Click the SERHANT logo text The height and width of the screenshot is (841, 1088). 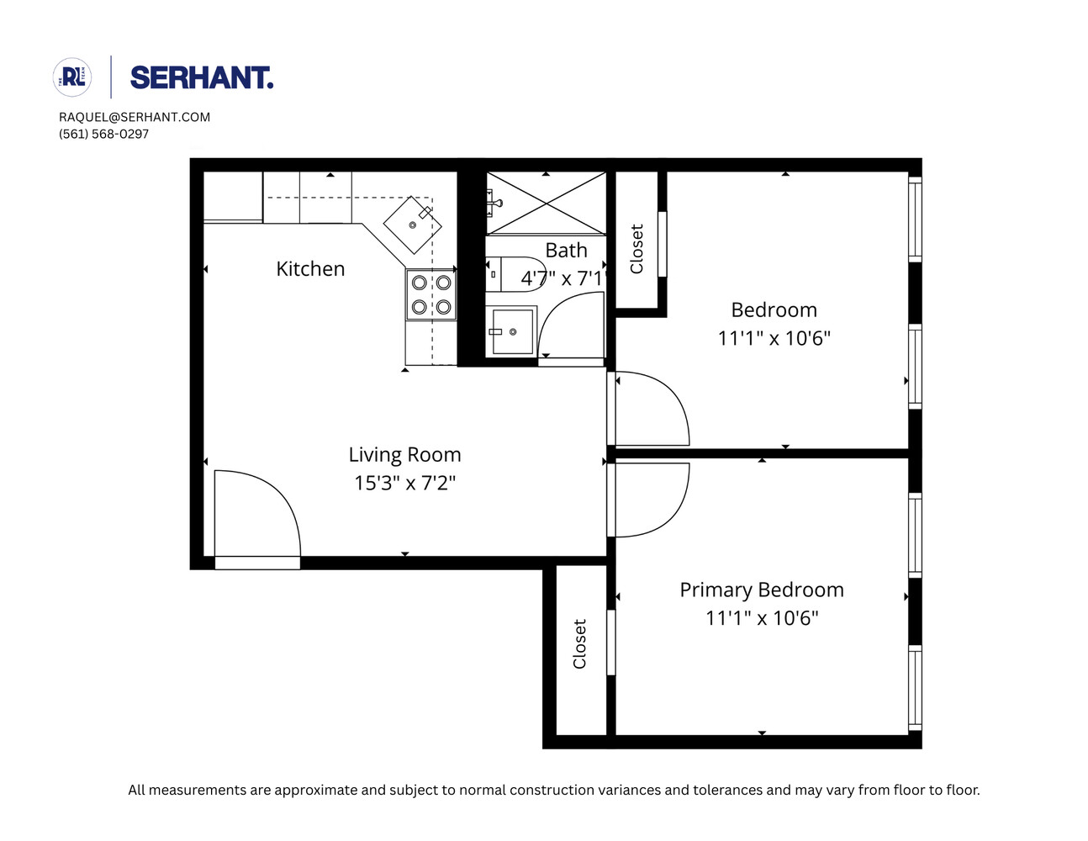click(202, 78)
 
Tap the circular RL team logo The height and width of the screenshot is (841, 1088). click(72, 77)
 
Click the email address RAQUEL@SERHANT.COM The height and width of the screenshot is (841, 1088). click(135, 117)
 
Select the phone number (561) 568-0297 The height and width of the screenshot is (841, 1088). click(103, 134)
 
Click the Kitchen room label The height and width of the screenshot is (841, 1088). click(310, 269)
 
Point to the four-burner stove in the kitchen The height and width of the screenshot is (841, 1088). click(430, 295)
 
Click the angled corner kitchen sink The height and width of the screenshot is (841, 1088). click(412, 225)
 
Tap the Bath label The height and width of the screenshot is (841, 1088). click(566, 251)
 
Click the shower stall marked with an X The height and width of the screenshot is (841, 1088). click(547, 203)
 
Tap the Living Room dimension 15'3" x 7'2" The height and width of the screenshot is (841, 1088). click(404, 483)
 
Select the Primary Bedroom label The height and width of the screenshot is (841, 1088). click(761, 590)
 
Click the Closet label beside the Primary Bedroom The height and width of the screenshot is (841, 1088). click(579, 644)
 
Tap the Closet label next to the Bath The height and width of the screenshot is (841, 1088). click(636, 249)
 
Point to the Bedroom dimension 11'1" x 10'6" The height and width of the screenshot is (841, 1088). click(774, 338)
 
